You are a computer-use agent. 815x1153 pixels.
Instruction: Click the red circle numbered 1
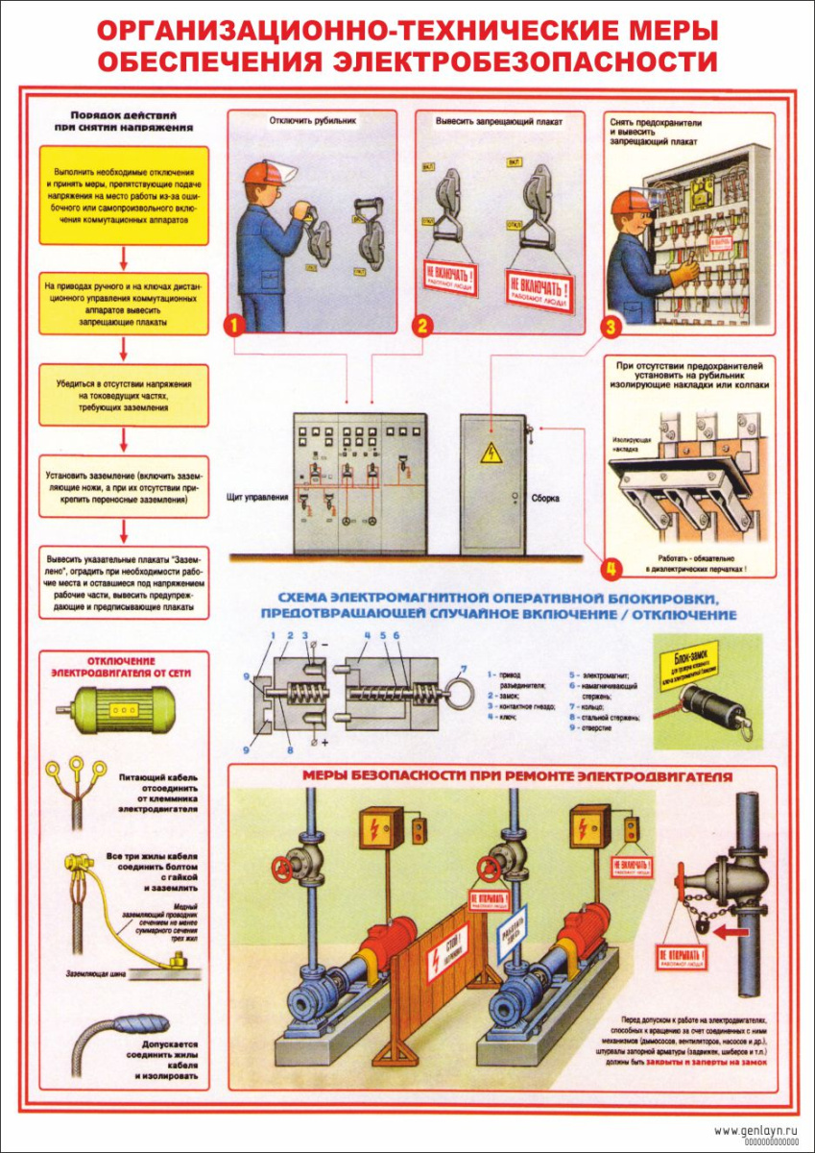(233, 325)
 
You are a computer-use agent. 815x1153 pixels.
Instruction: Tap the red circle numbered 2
(421, 325)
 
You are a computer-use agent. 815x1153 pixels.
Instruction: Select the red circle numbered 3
(608, 327)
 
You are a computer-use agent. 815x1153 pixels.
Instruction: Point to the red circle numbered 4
(608, 568)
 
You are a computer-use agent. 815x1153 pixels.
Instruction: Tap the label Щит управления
(256, 499)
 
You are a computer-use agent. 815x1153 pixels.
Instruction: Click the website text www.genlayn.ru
(756, 1131)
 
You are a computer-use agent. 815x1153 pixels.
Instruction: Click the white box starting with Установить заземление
(123, 487)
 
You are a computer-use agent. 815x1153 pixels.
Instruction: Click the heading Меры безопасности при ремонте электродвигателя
(517, 775)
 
